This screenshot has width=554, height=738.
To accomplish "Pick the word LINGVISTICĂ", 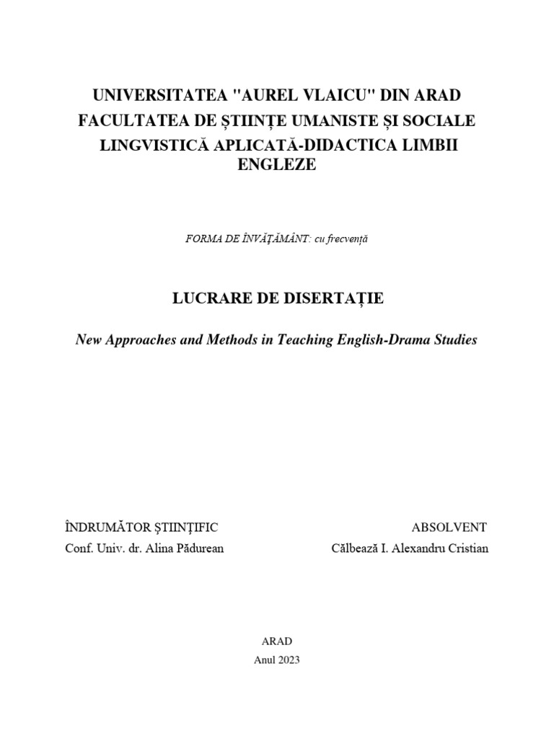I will tap(152, 145).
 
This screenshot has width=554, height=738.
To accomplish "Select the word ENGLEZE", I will tap(277, 165).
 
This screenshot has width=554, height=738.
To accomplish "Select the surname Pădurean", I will tap(198, 548).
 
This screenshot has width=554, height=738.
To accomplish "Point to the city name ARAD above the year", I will tap(277, 641).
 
